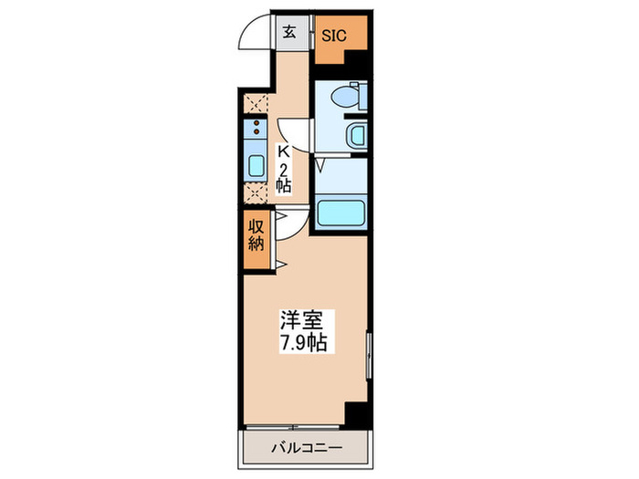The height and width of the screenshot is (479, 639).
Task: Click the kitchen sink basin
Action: [x=257, y=166]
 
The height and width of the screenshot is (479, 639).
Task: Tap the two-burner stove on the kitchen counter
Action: [x=256, y=131]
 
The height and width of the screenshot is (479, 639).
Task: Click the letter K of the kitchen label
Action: [x=283, y=151]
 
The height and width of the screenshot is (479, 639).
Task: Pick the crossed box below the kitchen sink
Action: [x=256, y=194]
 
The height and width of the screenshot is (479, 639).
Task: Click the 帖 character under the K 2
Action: [x=283, y=185]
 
